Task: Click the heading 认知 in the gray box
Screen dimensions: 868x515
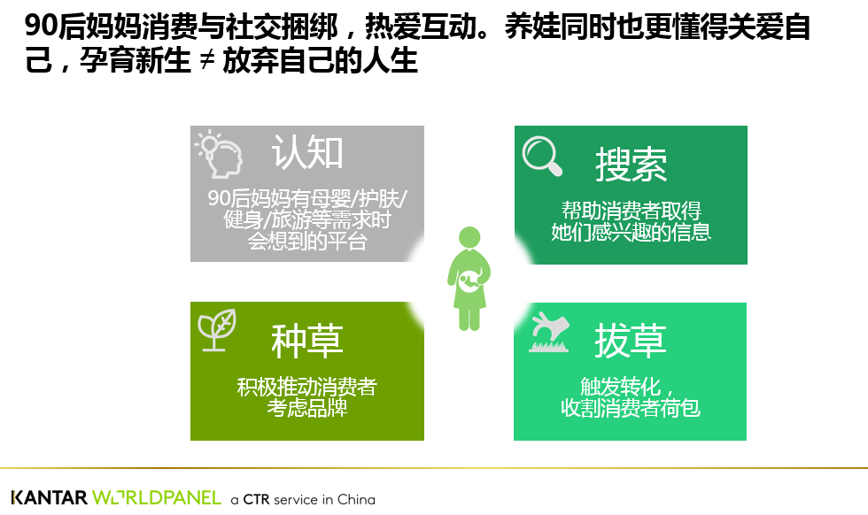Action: point(307,152)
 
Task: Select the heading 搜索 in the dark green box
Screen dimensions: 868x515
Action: point(631,165)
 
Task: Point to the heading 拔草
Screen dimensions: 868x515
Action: point(631,341)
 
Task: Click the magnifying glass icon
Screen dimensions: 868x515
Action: point(542,156)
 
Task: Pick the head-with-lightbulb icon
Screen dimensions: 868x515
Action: point(220,154)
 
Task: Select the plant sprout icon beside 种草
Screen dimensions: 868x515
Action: point(217,330)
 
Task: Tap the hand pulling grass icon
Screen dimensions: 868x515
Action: point(549,332)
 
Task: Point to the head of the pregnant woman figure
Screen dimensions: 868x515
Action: point(469,237)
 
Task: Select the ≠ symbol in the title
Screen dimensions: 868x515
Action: point(207,60)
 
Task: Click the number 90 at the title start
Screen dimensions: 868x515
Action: point(41,26)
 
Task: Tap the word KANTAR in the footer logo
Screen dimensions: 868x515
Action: point(50,497)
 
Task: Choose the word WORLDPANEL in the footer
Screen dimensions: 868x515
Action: point(157,497)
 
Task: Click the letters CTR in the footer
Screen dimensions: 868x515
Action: point(256,499)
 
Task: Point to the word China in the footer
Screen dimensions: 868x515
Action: point(356,499)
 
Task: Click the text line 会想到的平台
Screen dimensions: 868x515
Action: point(307,242)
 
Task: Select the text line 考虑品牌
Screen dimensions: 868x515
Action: point(307,408)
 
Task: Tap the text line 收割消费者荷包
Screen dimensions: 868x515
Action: point(631,408)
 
